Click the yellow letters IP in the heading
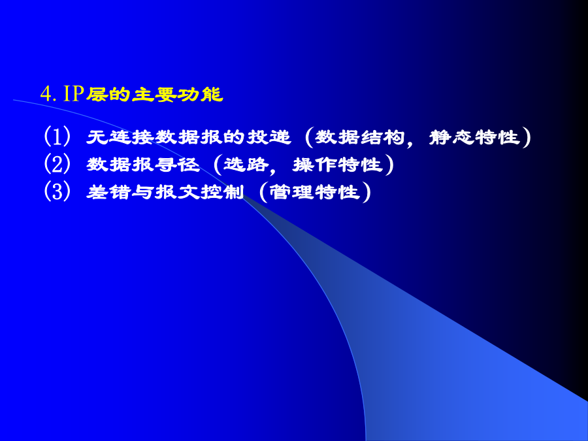73,93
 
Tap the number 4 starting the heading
45,93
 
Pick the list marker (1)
57,136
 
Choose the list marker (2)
57,164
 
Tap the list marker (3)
57,191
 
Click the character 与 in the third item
143,192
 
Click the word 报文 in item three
177,192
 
